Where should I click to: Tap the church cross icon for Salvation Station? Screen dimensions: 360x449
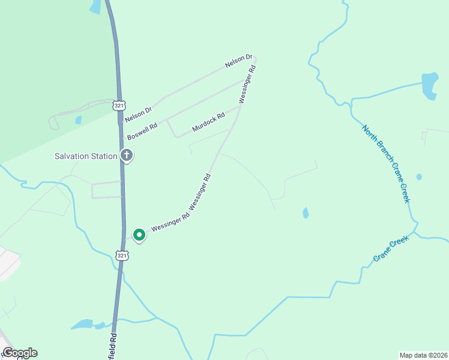tap(127, 156)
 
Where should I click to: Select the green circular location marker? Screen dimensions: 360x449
tap(139, 235)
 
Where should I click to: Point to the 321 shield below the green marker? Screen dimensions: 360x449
tap(122, 256)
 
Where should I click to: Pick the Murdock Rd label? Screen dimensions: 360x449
tap(208, 121)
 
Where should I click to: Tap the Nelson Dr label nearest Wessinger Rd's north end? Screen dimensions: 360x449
tap(235, 61)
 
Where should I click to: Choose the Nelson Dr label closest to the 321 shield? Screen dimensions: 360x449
tap(139, 110)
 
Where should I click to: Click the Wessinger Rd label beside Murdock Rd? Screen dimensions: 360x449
tap(247, 85)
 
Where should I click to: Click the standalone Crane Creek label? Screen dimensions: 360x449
tap(391, 249)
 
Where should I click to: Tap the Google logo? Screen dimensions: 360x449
tap(20, 353)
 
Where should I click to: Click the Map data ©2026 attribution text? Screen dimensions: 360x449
tap(423, 355)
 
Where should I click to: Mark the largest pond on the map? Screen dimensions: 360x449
tap(430, 85)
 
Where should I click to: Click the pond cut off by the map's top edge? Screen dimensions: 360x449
tap(95, 6)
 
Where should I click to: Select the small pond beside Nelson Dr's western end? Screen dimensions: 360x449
tap(79, 120)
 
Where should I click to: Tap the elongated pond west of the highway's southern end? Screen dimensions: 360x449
tap(84, 325)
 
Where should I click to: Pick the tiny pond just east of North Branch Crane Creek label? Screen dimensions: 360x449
tap(418, 177)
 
